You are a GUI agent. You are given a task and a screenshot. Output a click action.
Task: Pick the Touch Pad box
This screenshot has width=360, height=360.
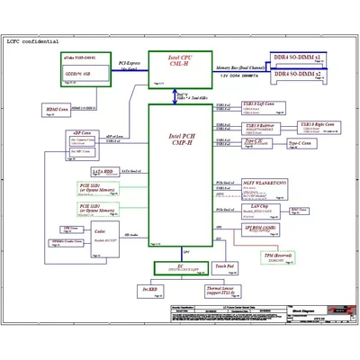(225, 267)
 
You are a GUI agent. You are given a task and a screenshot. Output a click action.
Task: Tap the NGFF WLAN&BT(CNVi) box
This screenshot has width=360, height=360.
(262, 185)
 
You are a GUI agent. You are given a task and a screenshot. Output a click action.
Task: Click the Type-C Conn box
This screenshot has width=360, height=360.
(300, 143)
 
